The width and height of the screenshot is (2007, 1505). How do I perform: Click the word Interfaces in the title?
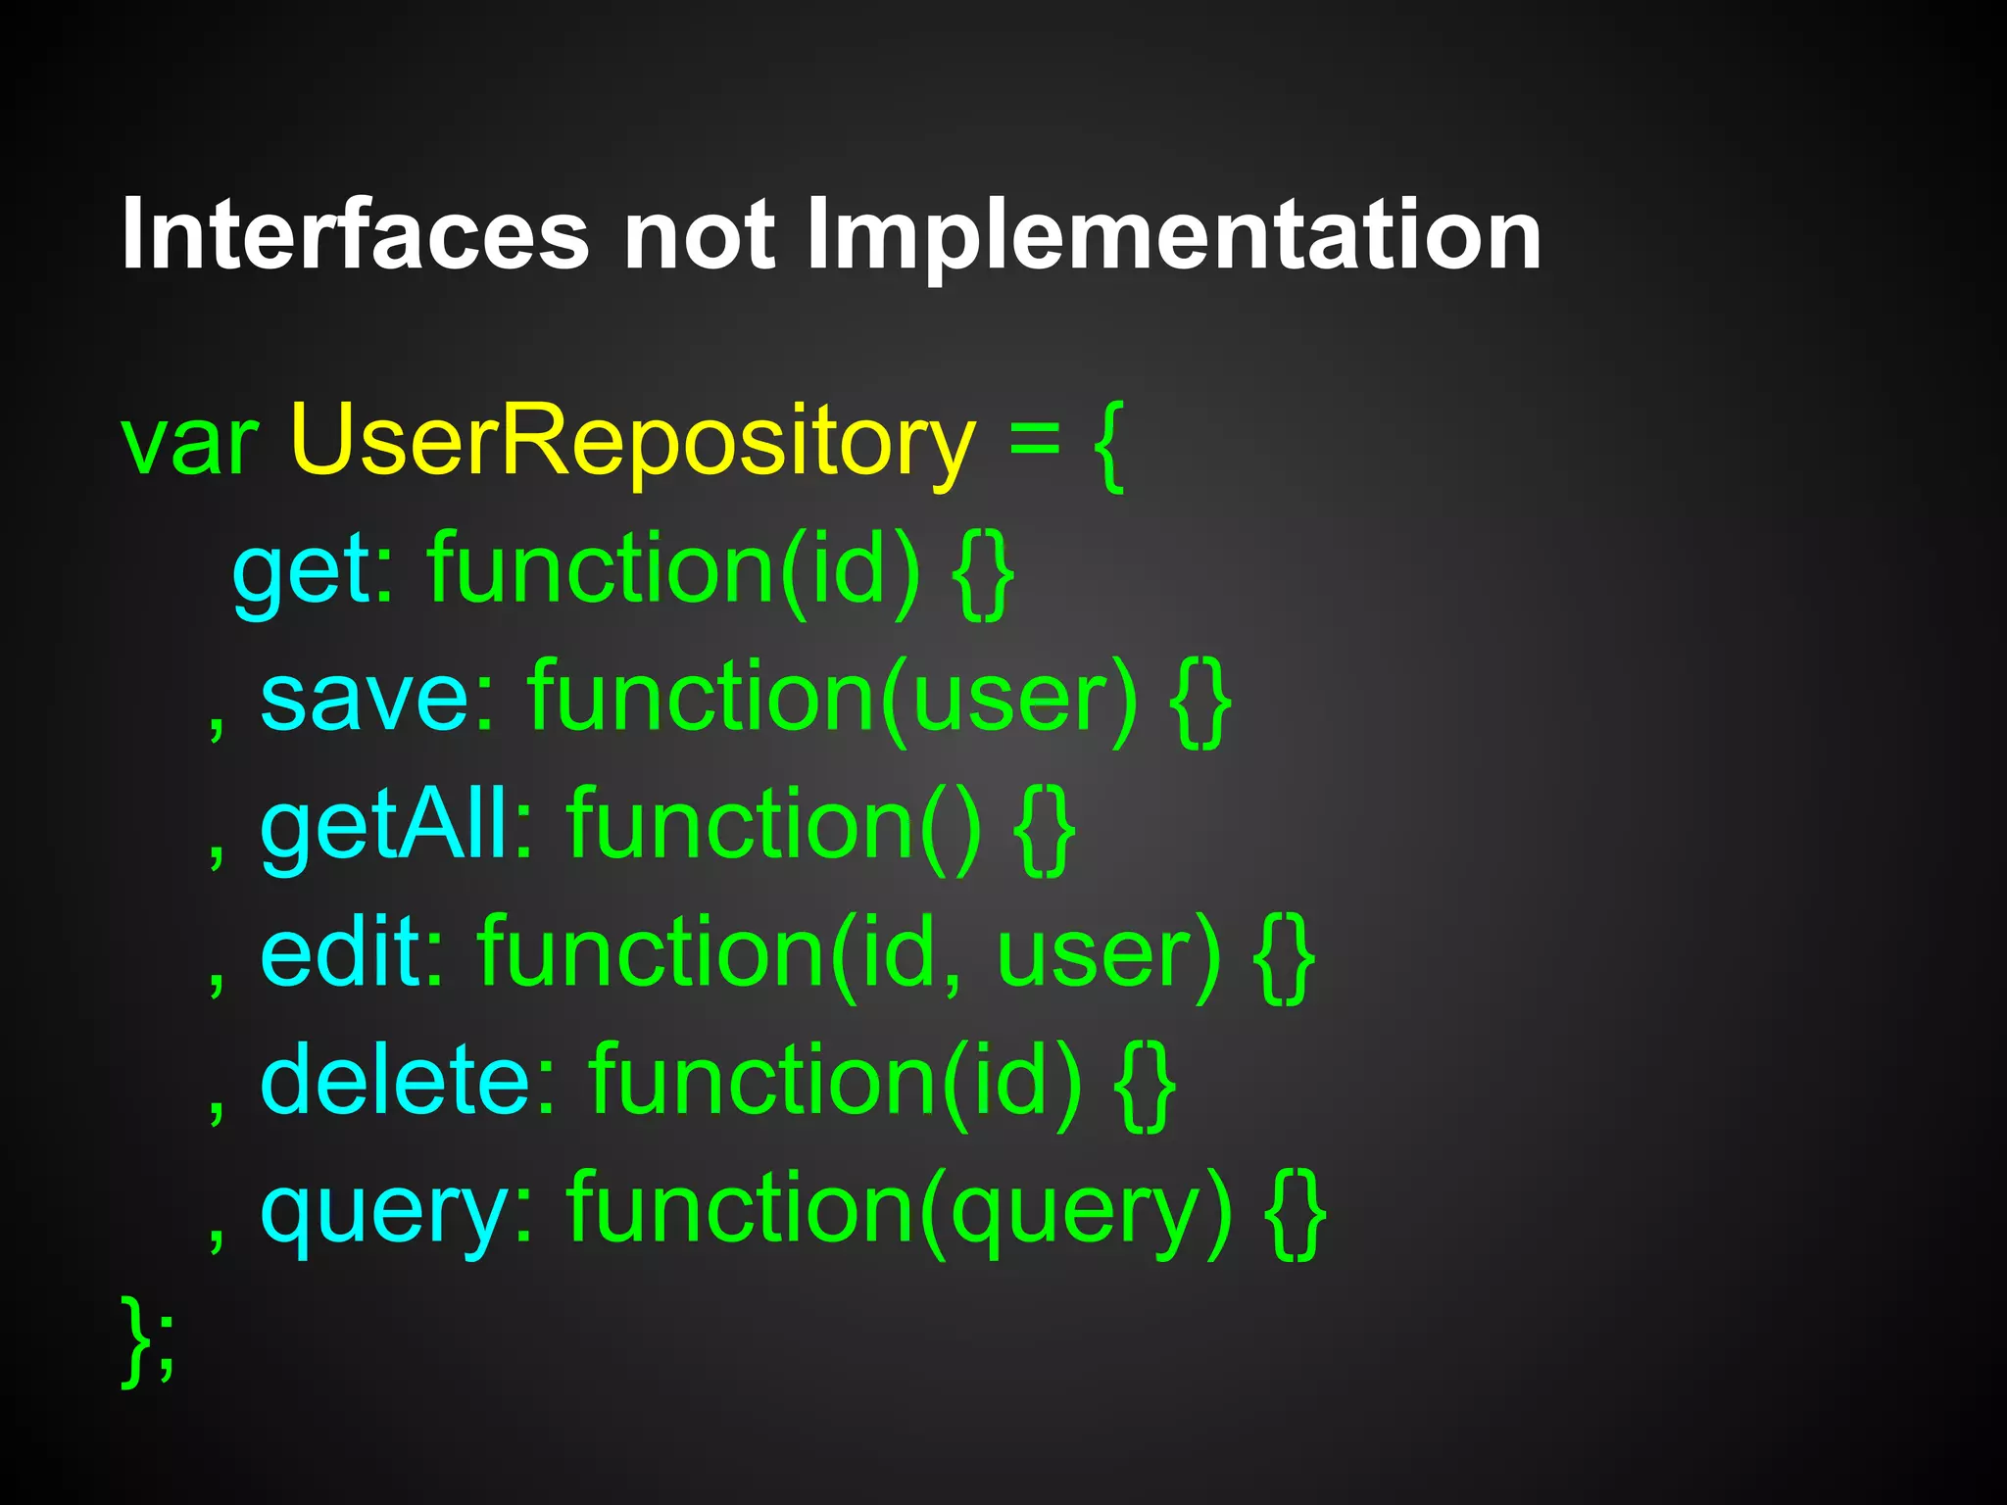tap(355, 235)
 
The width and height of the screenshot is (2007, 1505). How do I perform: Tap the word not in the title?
tap(700, 235)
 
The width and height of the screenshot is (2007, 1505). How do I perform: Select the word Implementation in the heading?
tap(1173, 235)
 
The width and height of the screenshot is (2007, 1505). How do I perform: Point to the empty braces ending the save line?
tap(1200, 701)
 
